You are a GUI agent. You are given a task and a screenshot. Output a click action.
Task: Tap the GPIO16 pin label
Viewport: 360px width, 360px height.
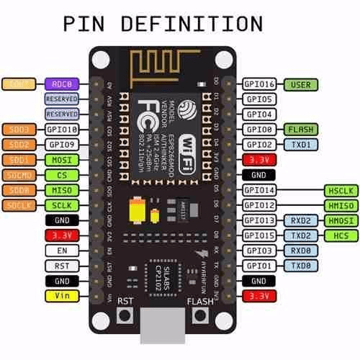point(259,84)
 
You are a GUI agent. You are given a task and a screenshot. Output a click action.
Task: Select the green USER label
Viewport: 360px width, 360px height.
point(301,84)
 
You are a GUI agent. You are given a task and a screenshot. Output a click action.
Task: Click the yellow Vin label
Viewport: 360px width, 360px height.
point(61,295)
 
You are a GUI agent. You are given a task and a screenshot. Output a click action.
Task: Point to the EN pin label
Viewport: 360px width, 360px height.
point(61,250)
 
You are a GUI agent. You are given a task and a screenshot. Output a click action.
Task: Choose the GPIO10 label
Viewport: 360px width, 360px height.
point(61,130)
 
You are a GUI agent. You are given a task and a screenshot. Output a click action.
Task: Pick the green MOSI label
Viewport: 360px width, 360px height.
point(61,159)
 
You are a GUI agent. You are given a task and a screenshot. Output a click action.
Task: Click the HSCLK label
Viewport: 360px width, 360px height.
point(338,190)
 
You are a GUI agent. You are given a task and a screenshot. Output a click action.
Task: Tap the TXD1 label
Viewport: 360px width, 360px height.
point(301,144)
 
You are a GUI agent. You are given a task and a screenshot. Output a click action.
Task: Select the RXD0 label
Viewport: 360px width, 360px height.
point(301,250)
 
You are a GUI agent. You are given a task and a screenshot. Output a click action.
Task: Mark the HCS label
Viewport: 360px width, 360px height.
point(338,235)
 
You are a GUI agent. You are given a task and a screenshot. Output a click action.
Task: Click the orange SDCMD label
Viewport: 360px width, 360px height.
point(19,175)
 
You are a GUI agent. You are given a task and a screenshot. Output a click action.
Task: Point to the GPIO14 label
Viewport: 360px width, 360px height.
point(259,190)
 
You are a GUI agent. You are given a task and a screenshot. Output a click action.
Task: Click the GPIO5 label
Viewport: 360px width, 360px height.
point(259,99)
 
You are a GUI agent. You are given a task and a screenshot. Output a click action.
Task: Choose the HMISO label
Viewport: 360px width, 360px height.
point(338,205)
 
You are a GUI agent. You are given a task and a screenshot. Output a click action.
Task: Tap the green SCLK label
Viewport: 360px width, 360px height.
point(61,205)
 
